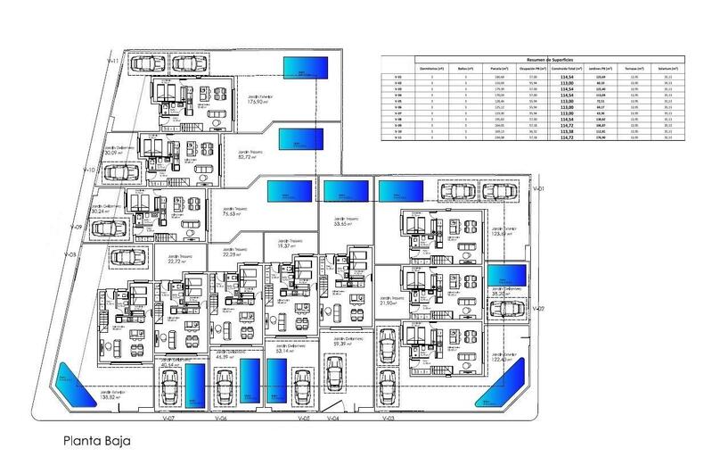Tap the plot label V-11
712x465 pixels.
pyautogui.click(x=113, y=60)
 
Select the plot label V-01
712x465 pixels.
pyautogui.click(x=537, y=190)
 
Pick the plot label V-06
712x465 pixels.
pyautogui.click(x=223, y=418)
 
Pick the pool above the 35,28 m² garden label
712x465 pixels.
pyautogui.click(x=505, y=272)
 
